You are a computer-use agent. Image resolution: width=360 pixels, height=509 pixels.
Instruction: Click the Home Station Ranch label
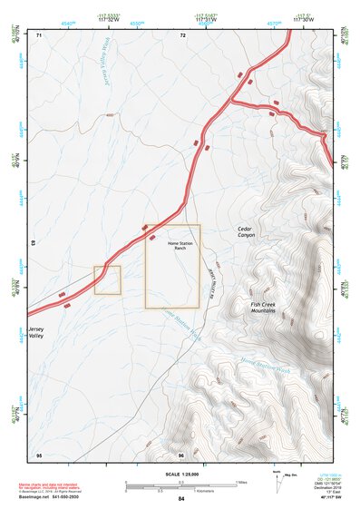(172, 245)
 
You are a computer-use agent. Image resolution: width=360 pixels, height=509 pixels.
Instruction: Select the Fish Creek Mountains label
(268, 307)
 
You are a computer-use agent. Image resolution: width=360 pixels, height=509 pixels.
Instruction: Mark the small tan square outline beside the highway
(107, 280)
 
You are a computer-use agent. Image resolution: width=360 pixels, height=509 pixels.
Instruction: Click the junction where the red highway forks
(234, 98)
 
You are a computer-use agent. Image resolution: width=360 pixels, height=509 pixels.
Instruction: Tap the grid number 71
(39, 34)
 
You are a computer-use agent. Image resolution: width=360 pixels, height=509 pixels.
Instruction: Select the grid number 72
(182, 34)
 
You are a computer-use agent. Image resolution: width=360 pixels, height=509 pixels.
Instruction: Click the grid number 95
(39, 454)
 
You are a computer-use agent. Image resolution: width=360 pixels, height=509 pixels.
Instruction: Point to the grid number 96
(181, 454)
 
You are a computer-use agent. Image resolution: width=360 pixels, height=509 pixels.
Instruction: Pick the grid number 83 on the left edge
(34, 244)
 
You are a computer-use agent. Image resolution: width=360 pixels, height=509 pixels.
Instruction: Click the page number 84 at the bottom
(181, 499)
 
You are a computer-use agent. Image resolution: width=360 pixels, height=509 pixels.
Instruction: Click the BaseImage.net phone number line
(50, 496)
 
